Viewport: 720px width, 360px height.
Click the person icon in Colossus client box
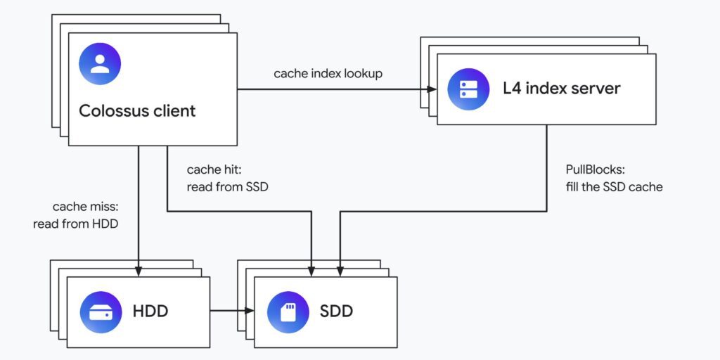pyautogui.click(x=100, y=64)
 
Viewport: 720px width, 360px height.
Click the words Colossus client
pyautogui.click(x=137, y=110)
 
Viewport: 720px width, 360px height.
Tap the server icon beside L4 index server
pyautogui.click(x=468, y=89)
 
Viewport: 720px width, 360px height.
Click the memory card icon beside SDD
pyautogui.click(x=288, y=311)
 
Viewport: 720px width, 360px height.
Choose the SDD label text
pyautogui.click(x=337, y=311)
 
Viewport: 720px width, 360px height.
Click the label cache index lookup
pyautogui.click(x=328, y=74)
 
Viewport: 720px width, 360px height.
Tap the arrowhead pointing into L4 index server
pyautogui.click(x=431, y=89)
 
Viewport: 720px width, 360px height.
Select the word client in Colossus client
pyautogui.click(x=174, y=110)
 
